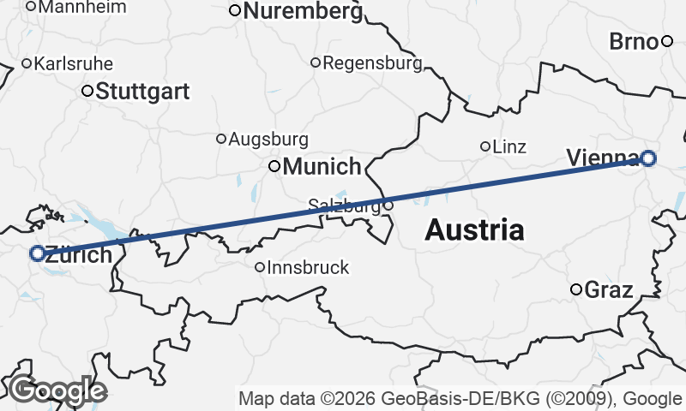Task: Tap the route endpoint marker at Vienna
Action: tap(648, 158)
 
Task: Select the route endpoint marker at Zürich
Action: tap(37, 253)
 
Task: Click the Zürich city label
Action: tap(78, 254)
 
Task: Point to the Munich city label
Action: tap(322, 166)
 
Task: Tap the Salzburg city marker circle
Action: tap(388, 205)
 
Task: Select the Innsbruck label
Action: tap(309, 267)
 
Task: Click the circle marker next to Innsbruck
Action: tap(260, 267)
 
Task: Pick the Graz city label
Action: tap(608, 289)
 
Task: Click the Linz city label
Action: tap(509, 146)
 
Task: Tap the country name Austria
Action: tap(474, 229)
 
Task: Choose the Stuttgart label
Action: tap(142, 92)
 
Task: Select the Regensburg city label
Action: tap(372, 63)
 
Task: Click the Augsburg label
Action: tap(268, 139)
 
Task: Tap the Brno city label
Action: tap(634, 41)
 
